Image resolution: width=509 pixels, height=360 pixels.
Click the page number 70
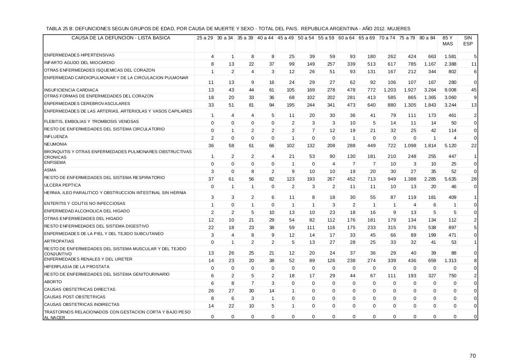[x=472, y=356]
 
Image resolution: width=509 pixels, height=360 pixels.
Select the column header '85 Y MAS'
[x=447, y=41]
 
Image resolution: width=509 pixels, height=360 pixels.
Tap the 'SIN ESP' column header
[x=468, y=41]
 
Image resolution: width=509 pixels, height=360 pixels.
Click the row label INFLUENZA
[x=56, y=137]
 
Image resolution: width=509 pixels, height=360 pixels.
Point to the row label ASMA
[x=50, y=170]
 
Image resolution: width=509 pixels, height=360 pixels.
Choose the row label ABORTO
[x=53, y=282]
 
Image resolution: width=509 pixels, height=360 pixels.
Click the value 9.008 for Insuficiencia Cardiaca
[x=450, y=90]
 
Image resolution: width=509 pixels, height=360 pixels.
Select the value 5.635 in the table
[x=450, y=179]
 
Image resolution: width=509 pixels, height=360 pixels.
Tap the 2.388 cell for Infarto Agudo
[x=450, y=64]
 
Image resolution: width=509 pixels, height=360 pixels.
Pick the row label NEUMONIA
[x=56, y=144]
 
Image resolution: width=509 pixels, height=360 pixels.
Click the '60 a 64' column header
[x=346, y=38]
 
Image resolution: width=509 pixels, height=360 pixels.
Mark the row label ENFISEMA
[x=55, y=163]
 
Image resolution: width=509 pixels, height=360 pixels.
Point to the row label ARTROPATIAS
[x=58, y=241]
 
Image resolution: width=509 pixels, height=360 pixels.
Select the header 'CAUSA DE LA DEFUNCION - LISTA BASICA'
[x=120, y=38]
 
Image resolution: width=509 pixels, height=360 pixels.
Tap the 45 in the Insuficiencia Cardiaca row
[x=474, y=90]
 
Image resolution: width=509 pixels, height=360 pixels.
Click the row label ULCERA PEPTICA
[x=62, y=185]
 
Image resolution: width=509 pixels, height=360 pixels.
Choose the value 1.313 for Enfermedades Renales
[x=450, y=261]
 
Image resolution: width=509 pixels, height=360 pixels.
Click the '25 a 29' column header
[x=204, y=38]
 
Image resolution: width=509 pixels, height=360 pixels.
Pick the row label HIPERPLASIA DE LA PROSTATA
[x=77, y=267]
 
